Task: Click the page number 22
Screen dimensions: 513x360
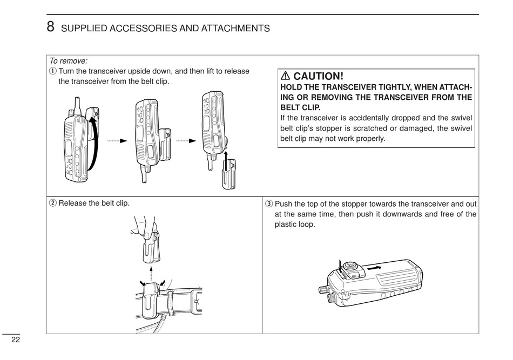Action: (15, 339)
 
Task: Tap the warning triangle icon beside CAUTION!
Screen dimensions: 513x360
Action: (285, 76)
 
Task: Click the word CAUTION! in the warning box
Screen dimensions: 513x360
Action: (318, 76)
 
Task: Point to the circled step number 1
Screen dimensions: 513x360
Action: (53, 72)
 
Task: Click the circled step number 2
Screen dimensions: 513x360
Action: (53, 203)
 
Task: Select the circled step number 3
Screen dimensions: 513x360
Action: (269, 204)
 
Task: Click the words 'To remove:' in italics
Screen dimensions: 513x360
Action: (69, 62)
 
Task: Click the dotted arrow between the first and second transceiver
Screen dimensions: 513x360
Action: (116, 141)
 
